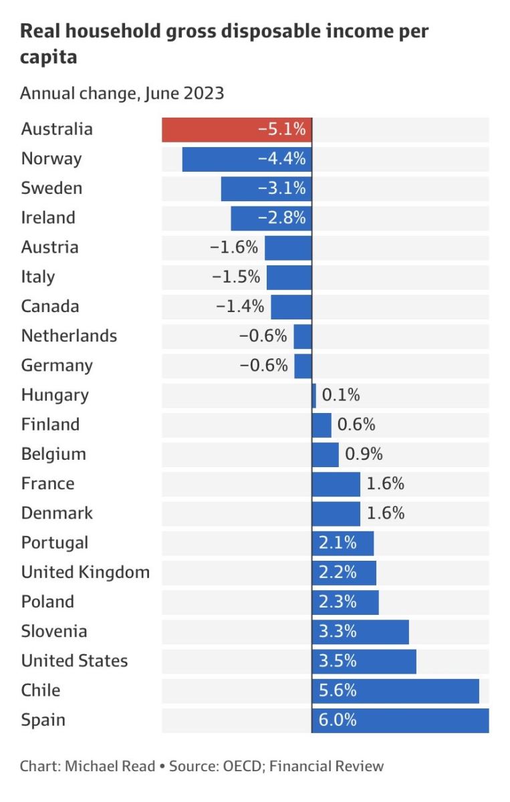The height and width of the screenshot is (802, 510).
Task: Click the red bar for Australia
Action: pos(237,130)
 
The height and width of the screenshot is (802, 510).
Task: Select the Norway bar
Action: pos(247,159)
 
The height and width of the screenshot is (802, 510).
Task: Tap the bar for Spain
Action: pos(400,720)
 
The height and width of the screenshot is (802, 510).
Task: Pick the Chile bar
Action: pos(395,691)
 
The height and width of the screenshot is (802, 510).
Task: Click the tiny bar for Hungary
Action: pos(314,396)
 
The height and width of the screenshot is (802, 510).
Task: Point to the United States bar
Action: pos(364,662)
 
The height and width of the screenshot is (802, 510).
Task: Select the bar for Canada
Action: pos(291,307)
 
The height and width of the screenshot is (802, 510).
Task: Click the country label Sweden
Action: pos(51,188)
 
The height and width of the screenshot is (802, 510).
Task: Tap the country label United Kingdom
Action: pos(85,573)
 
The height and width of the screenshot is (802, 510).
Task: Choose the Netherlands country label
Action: pos(69,336)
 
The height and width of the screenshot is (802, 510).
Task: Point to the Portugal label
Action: pos(54,543)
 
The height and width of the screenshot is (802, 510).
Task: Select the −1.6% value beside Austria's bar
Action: pos(233,247)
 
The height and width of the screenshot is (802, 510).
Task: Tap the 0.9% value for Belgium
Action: pos(364,454)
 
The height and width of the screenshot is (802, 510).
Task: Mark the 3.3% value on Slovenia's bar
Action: pos(338,632)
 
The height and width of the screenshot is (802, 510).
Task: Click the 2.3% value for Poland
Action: pos(338,602)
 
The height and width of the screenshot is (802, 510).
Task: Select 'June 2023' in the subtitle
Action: pos(184,94)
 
